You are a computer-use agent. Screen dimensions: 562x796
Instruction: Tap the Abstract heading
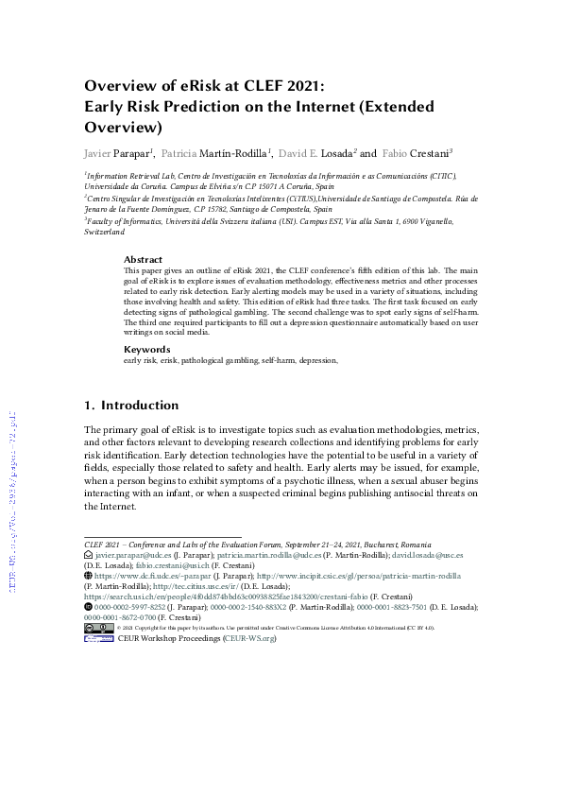tap(143, 259)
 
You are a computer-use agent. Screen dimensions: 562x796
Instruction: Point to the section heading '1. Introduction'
tap(131, 406)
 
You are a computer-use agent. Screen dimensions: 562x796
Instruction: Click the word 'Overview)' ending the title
tap(124, 126)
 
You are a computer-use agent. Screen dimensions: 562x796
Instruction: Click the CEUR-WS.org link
tap(249, 638)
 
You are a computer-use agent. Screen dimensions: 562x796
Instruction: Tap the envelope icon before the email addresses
tap(89, 558)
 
